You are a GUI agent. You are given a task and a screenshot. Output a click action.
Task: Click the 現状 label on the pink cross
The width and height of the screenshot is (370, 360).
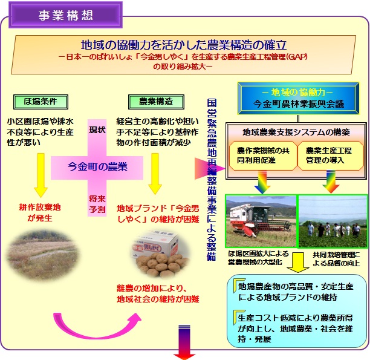pyautogui.click(x=97, y=129)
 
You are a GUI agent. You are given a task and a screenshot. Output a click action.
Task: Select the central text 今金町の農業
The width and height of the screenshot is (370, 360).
pyautogui.click(x=97, y=167)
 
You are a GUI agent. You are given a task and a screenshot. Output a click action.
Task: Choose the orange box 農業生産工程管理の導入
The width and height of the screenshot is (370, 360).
pyautogui.click(x=329, y=154)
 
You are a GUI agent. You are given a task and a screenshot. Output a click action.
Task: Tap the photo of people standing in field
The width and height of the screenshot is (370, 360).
pyautogui.click(x=333, y=221)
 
